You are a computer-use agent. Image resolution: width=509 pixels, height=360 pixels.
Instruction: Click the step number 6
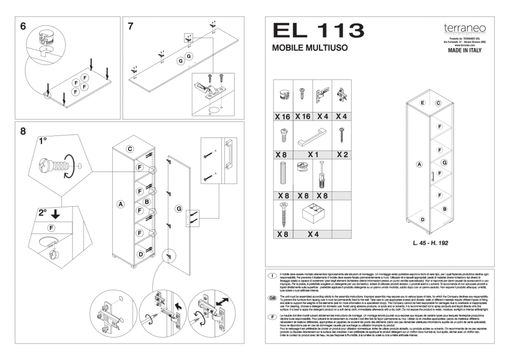coord(23,27)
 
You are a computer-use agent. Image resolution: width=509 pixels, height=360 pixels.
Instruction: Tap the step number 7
coord(131,26)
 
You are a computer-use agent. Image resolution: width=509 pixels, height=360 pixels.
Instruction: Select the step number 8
coord(23,131)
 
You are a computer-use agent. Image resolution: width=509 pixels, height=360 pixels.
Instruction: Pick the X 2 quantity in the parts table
coord(342,154)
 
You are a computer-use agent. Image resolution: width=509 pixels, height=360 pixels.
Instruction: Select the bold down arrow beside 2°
coord(55,214)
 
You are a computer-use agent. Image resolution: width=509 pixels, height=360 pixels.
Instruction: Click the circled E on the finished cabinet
coord(422,103)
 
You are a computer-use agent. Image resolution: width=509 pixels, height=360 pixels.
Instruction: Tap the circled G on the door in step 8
coord(179,209)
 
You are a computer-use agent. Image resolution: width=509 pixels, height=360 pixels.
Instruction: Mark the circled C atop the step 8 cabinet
coord(130,149)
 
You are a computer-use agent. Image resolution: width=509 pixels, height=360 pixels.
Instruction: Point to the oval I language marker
coord(272,275)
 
